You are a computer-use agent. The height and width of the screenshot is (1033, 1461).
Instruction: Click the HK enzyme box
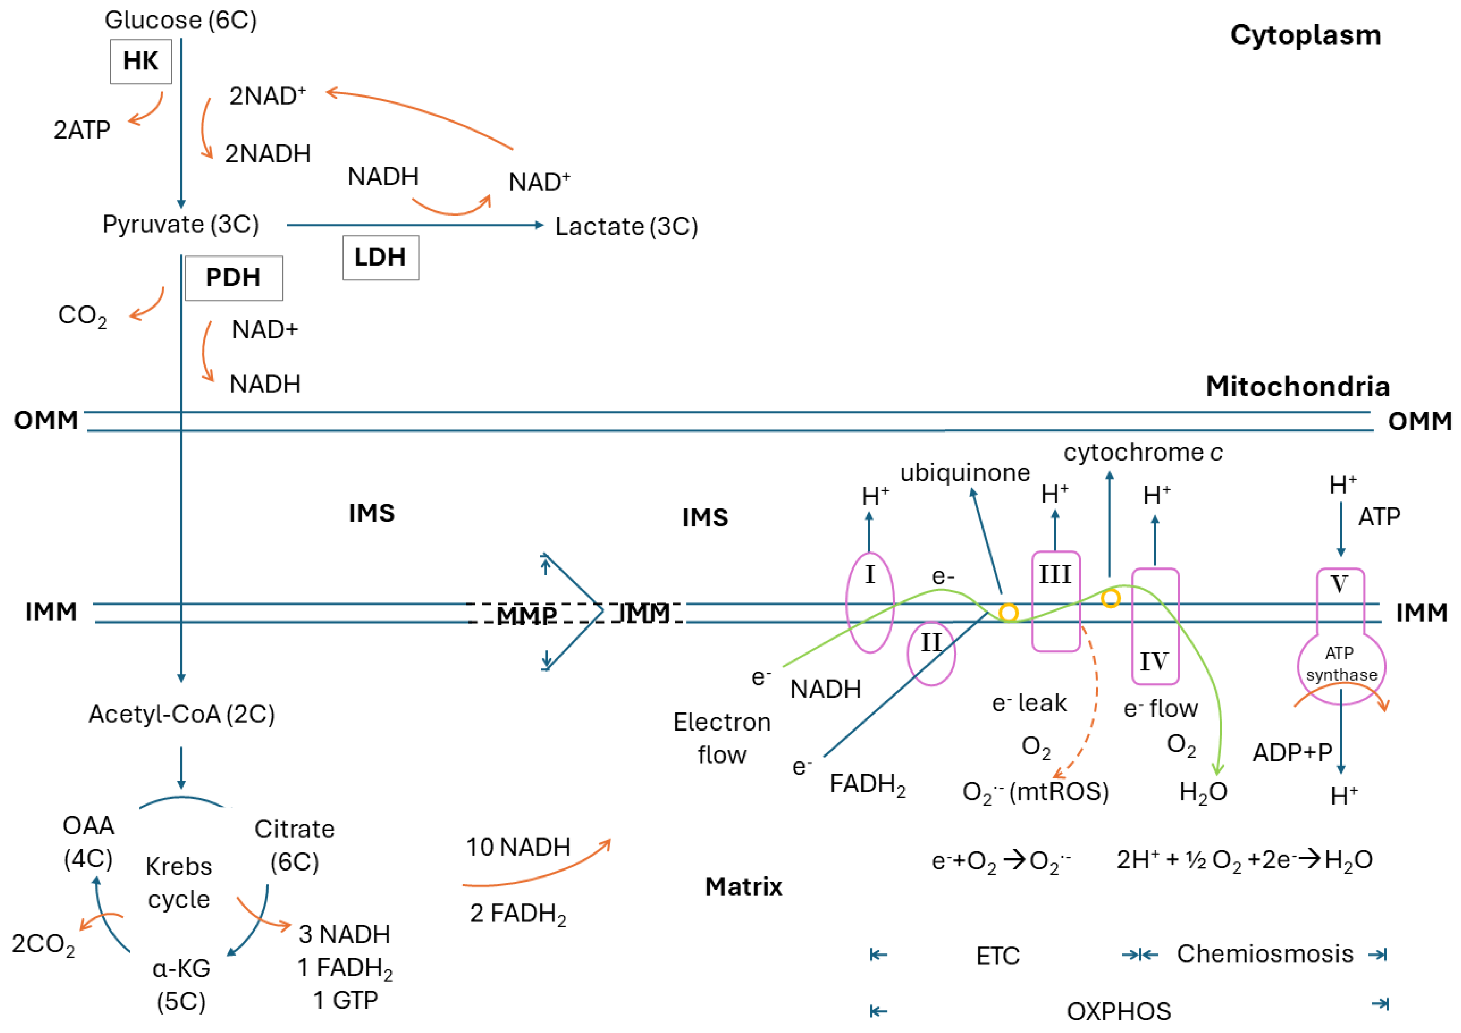click(141, 61)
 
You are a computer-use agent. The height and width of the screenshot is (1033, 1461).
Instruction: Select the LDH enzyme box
click(380, 258)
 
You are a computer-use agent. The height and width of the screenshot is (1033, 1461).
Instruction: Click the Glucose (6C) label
click(181, 20)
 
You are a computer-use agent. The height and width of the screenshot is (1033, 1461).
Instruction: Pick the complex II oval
click(931, 653)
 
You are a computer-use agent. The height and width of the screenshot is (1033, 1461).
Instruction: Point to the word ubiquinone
click(965, 473)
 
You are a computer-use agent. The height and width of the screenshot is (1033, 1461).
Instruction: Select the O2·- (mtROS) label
click(1035, 792)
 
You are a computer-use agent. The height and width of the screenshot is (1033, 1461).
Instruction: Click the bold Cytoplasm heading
click(1305, 35)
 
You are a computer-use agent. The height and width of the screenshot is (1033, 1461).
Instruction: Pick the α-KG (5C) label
click(181, 985)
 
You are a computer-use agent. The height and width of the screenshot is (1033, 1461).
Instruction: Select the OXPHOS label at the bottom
click(1119, 1011)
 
